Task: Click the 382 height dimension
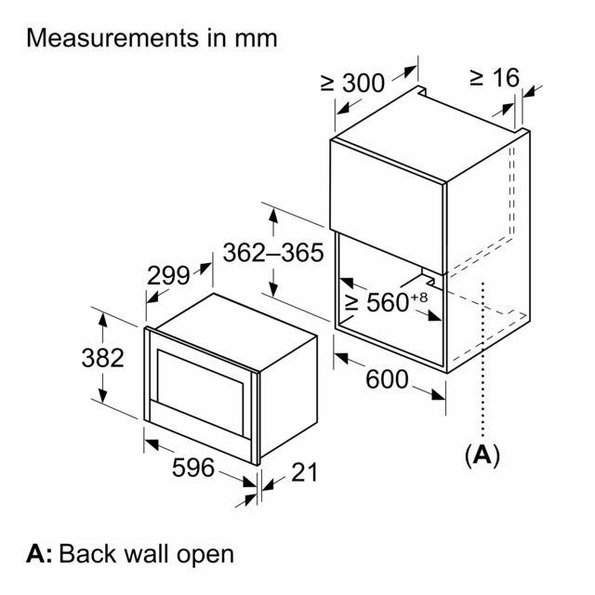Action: point(103,358)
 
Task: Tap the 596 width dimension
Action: point(193,467)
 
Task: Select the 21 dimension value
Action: point(304,472)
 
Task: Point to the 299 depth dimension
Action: point(168,275)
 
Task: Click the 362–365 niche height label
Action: point(273,252)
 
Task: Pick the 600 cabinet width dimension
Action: point(387,379)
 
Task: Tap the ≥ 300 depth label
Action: point(353,83)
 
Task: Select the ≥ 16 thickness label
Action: point(495,78)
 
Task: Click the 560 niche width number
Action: point(388,302)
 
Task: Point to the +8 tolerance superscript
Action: point(419,297)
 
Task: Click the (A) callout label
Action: point(483,455)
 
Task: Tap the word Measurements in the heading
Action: point(112,38)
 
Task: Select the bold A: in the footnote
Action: point(39,554)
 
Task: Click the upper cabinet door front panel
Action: point(388,206)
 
